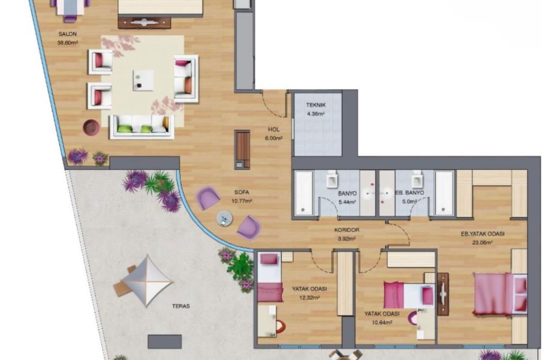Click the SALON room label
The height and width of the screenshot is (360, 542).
click(68, 34)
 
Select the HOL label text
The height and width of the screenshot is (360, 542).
click(274, 130)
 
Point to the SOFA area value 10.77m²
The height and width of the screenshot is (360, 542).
click(242, 201)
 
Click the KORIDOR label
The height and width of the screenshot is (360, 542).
click(347, 230)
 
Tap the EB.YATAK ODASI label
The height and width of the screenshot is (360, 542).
click(482, 234)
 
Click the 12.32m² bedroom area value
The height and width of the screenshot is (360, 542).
click(306, 297)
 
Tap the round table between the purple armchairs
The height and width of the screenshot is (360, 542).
click(224, 218)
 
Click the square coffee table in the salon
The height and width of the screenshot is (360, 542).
click(143, 80)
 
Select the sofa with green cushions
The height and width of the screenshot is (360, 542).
click(141, 127)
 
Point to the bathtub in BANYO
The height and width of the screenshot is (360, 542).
click(304, 193)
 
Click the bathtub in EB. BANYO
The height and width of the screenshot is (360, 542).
click(445, 193)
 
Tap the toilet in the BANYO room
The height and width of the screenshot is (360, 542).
click(333, 178)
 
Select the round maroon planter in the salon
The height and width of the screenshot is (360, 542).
click(91, 127)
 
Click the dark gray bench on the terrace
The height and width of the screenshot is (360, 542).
click(165, 341)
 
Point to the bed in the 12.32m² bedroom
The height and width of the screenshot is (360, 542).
click(270, 278)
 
